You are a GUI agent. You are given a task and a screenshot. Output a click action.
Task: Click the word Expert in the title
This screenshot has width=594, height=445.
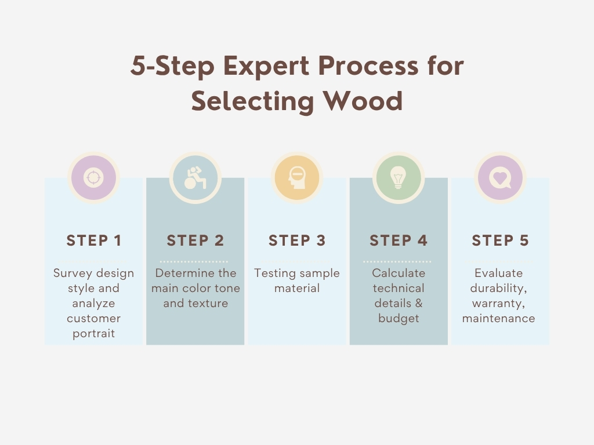pos(266,66)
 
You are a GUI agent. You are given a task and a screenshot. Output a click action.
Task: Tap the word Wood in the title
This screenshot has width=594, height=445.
pos(363,101)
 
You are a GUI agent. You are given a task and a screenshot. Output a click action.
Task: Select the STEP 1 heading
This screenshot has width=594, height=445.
pos(94,240)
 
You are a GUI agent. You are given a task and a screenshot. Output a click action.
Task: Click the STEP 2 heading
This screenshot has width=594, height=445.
pos(195,240)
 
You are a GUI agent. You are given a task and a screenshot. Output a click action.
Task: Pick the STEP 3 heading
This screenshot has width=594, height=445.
pos(297,240)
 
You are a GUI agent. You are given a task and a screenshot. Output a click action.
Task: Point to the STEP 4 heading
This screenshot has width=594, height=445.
pos(399,240)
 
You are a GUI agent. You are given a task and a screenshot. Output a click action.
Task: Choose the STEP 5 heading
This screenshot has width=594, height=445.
pos(500,240)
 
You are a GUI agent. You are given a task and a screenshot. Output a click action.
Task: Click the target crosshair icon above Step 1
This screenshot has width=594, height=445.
pos(93,177)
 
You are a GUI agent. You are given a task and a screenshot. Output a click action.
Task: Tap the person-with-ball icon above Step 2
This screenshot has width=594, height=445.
pos(195,178)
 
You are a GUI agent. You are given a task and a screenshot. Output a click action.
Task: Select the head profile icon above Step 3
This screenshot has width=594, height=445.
pos(297,177)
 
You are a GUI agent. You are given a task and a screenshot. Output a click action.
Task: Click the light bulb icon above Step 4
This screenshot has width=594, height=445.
pos(398,177)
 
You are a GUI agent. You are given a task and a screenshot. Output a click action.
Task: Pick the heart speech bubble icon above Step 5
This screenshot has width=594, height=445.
pos(500,177)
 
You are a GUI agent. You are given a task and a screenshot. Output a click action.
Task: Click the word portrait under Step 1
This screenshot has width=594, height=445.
pos(93,334)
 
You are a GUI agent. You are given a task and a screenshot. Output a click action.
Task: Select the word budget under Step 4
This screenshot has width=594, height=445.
pos(399,318)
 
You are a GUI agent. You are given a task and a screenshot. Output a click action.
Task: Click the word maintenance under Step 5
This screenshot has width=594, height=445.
pos(498,318)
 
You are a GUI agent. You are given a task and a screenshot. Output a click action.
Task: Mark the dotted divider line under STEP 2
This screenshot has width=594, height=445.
pos(194,261)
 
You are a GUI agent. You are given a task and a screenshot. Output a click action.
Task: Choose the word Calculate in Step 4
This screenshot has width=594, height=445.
pos(399,273)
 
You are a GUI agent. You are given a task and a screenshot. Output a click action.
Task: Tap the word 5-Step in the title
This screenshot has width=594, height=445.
pos(172,66)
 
